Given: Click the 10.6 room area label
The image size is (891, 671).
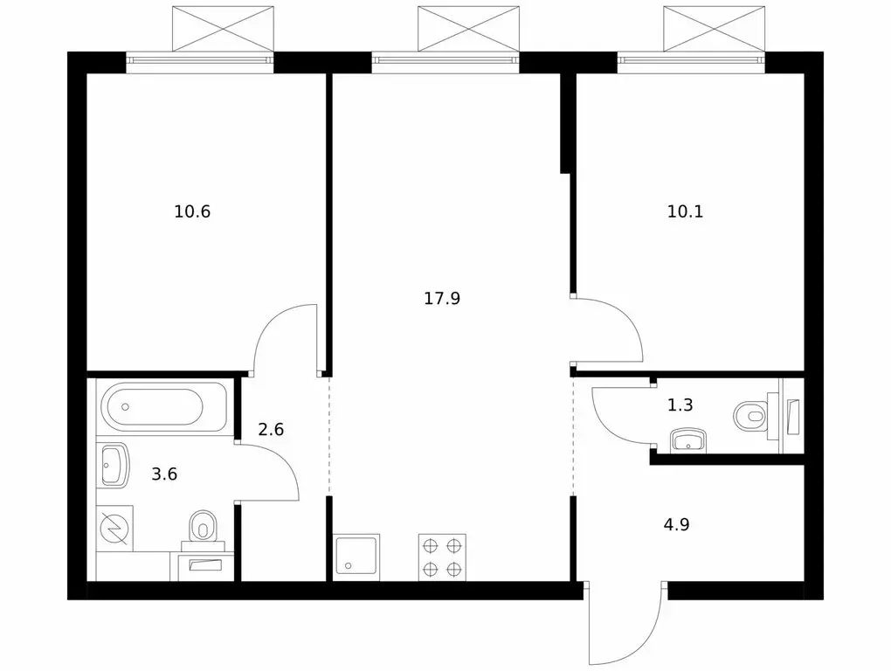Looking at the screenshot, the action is click(192, 212).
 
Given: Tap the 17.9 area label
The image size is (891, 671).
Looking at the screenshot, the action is click(441, 298).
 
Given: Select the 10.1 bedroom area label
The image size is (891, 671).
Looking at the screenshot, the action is click(685, 212).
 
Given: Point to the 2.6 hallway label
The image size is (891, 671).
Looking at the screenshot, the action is click(271, 429).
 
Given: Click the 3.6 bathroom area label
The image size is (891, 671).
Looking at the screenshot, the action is click(164, 474).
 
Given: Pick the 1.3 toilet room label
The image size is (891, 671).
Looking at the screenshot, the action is click(680, 405).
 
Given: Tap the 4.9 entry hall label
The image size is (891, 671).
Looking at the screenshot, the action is click(676, 524).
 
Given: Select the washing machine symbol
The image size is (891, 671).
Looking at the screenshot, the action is click(114, 529).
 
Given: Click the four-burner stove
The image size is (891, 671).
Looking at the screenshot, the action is click(442, 557).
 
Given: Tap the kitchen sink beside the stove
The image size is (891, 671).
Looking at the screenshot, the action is click(357, 557).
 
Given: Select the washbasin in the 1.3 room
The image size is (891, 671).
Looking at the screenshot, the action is click(688, 441).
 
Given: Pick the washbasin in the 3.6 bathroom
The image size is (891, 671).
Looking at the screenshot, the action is click(114, 466).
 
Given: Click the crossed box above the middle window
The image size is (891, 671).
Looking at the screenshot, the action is click(468, 29).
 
